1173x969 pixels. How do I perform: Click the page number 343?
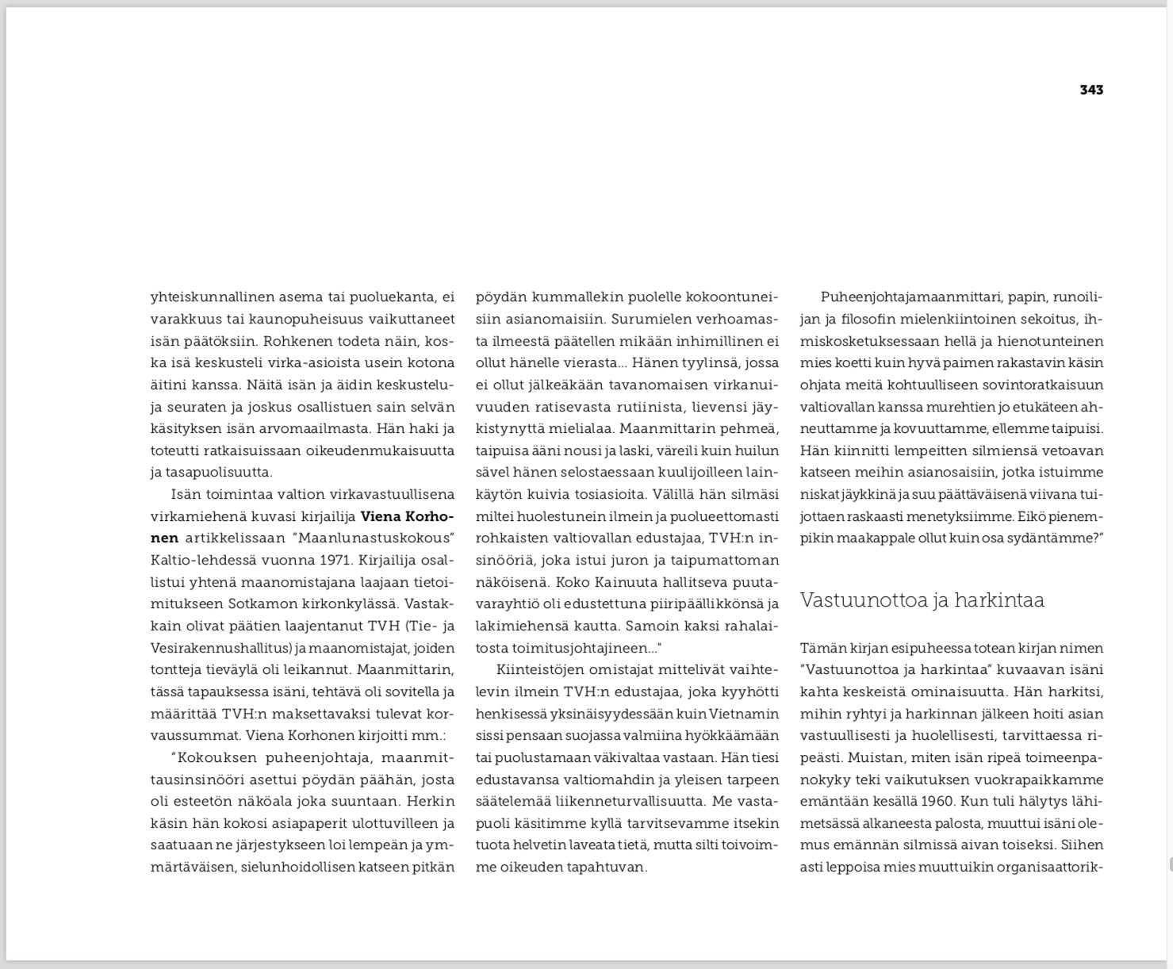[1091, 90]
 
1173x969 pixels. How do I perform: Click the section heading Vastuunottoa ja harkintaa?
[922, 600]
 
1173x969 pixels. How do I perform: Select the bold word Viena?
[385, 516]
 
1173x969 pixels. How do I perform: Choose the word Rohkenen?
[298, 341]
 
